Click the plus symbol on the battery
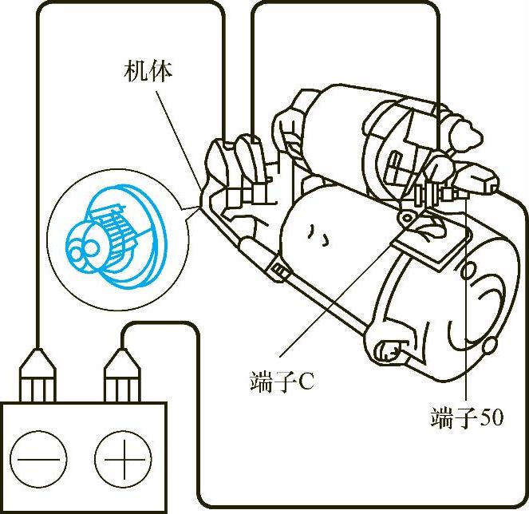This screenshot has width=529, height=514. click(x=122, y=459)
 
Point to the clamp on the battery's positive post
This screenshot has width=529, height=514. click(x=122, y=372)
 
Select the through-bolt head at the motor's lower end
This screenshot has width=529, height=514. click(x=387, y=348)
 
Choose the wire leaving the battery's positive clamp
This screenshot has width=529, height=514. click(x=196, y=415)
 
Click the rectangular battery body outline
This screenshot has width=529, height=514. click(x=84, y=455)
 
